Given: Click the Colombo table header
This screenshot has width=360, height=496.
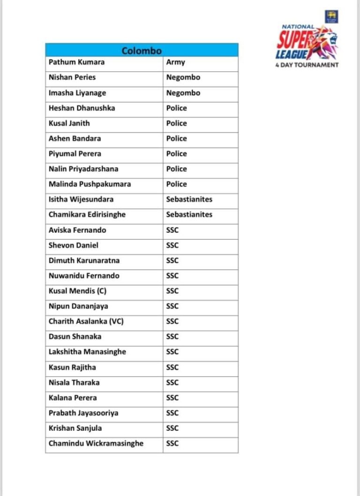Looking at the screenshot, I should click(142, 51).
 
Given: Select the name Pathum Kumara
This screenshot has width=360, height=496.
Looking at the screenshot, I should click(76, 62).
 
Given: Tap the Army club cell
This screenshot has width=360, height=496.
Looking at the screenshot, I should click(175, 62).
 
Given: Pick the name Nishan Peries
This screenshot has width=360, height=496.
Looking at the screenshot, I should click(72, 77).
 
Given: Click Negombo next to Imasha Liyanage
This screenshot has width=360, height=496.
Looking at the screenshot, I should click(183, 93).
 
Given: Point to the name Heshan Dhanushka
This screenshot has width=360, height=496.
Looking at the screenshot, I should click(82, 108).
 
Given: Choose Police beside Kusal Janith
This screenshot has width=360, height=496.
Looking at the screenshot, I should click(176, 123).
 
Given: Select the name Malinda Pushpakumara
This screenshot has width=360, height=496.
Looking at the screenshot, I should click(90, 184).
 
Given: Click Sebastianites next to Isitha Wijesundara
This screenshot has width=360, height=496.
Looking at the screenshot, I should click(189, 199).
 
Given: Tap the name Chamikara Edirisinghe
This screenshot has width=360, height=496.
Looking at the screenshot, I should click(87, 215).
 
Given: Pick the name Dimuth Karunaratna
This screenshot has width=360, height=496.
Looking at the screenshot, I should click(84, 260).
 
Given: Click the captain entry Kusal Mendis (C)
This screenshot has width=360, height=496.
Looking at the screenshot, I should click(77, 291).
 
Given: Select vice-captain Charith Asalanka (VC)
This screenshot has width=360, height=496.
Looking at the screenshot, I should click(86, 321).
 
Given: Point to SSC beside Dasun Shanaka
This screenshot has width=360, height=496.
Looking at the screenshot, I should click(172, 336).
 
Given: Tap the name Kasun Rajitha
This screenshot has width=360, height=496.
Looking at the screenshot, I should click(72, 367).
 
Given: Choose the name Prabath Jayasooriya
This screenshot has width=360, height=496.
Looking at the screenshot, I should click(83, 413).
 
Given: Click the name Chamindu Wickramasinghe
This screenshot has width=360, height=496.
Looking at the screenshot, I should click(96, 444).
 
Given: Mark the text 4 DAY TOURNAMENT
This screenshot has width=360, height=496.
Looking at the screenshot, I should click(307, 65).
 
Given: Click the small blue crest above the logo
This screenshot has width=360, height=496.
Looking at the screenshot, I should click(331, 17).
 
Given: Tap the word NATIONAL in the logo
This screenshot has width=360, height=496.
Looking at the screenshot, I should click(298, 27).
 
